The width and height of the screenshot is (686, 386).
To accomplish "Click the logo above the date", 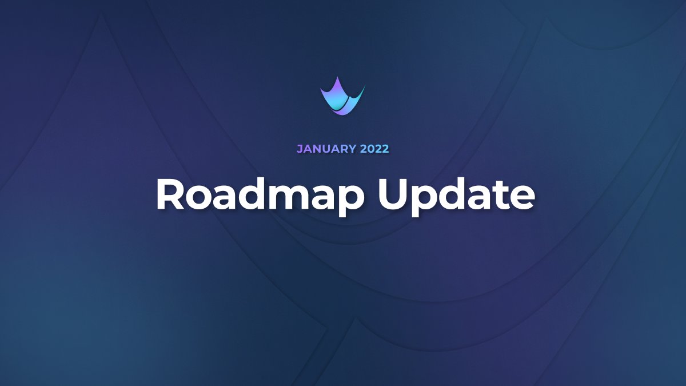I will coord(342,97).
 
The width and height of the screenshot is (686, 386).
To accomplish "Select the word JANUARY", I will coord(326,149).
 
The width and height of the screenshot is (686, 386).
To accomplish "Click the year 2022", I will coord(374,149).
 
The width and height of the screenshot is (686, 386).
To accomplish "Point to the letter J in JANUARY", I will coord(300,149).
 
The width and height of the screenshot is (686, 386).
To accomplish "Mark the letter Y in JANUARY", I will coord(353,149).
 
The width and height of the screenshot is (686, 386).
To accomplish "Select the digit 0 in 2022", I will coord(370,149).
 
